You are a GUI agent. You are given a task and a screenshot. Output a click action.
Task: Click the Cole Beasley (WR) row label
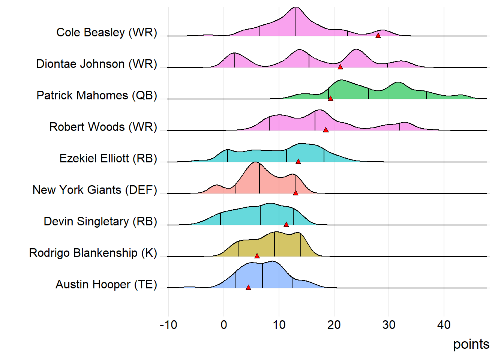point(106,33)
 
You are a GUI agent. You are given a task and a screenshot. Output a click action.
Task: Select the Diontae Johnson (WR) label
point(96,64)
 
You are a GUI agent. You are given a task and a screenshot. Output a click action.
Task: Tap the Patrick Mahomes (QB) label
point(97,96)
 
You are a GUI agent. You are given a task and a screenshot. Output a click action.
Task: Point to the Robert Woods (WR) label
point(103,127)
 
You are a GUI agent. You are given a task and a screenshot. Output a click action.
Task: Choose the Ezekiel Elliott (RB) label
point(108,159)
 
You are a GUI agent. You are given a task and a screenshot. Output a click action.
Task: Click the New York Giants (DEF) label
point(94,190)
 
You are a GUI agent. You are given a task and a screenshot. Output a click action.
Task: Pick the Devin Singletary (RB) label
point(100,222)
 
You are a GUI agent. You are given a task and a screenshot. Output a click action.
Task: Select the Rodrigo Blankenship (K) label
point(93,253)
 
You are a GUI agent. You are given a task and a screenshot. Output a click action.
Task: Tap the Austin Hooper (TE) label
point(106,285)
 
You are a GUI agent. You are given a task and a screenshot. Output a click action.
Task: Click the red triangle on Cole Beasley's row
point(378,35)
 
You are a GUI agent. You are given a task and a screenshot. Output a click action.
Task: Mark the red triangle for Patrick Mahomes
point(330,98)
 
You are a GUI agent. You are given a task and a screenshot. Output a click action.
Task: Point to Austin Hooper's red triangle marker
point(248,287)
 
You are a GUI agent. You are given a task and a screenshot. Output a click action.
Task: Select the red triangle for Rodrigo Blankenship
point(257,256)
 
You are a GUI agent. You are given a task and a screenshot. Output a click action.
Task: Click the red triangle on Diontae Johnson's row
point(340,67)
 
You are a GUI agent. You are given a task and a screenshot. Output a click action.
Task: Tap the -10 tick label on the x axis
point(168,325)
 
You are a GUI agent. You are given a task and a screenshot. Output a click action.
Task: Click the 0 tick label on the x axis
point(224,325)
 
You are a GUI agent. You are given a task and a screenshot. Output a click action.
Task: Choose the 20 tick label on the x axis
point(334,325)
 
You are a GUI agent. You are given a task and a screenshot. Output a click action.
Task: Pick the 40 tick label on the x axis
point(444,325)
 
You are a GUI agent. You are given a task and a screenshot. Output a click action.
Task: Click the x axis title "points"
point(471,344)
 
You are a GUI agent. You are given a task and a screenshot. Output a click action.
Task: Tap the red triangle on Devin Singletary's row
point(286,224)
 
